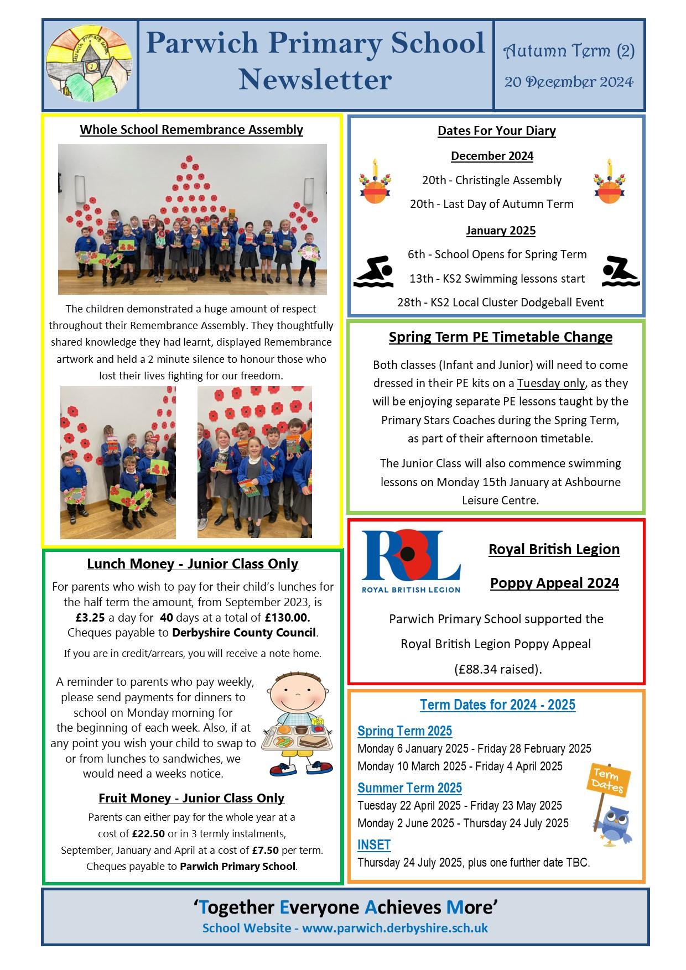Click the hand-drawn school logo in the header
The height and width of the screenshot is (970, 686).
[x=90, y=64]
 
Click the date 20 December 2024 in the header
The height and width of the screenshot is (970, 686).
[x=569, y=82]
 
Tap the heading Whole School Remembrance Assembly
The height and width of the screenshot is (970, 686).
[x=191, y=129]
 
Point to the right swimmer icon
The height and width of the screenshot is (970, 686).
[x=620, y=272]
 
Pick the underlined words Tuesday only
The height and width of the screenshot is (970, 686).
[x=550, y=383]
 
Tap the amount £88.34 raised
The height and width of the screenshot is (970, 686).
[x=497, y=669]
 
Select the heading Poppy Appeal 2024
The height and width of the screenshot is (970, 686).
[x=554, y=583]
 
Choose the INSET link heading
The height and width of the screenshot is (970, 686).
[x=374, y=844]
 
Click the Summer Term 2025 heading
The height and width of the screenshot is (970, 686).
[x=409, y=788]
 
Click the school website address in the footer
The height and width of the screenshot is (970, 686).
[x=394, y=928]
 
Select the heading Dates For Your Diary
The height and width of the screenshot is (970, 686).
[x=496, y=131]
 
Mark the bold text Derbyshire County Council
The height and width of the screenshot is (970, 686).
[x=245, y=633]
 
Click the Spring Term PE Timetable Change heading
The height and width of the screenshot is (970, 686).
[x=500, y=337]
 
